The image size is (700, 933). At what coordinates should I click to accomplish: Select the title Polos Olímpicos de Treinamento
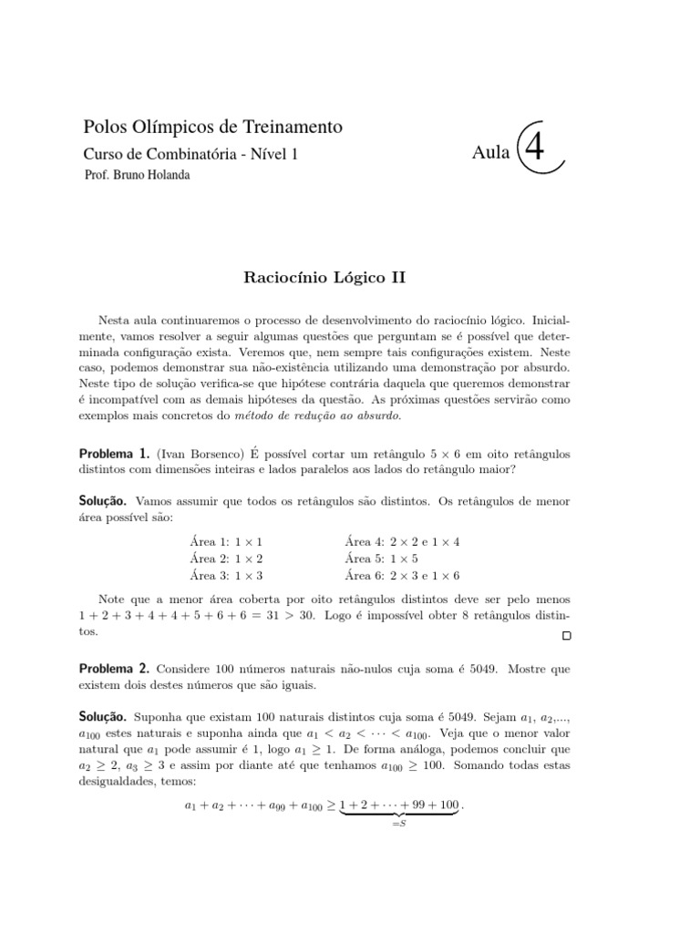point(212,128)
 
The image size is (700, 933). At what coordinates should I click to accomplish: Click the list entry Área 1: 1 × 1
point(226,541)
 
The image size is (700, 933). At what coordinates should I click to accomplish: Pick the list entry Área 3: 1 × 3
point(226,575)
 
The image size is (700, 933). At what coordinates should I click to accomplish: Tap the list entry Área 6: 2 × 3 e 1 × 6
point(403,575)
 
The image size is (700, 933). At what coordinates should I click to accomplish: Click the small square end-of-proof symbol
point(566,634)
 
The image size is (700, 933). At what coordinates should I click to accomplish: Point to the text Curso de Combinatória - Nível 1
point(190,154)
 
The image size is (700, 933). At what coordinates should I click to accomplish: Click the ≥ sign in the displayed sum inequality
point(330,805)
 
